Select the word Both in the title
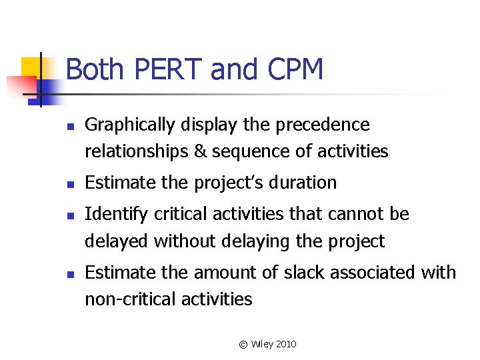(x=94, y=69)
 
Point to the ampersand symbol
(x=200, y=152)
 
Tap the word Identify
(x=117, y=215)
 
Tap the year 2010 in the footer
(x=285, y=344)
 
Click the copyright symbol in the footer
(x=243, y=344)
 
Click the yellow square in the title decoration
(x=31, y=67)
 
